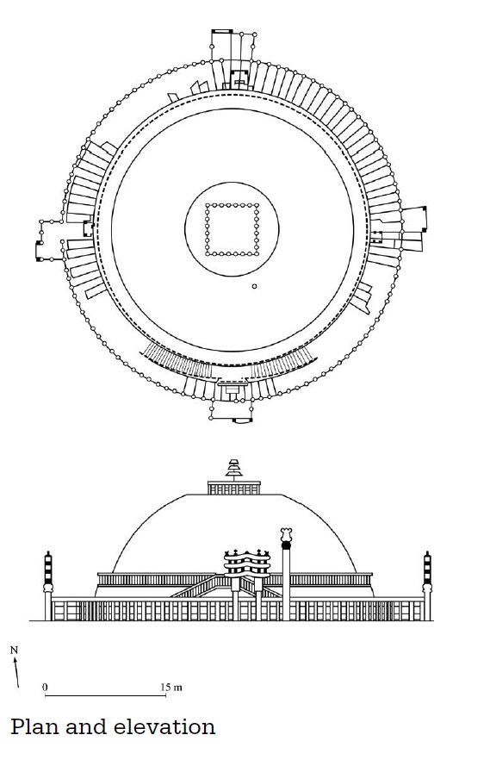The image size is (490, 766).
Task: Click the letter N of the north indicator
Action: tap(14, 651)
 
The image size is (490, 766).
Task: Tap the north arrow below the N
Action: tap(16, 672)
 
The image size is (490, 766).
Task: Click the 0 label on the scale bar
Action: tap(45, 688)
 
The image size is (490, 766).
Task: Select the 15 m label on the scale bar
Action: tap(171, 688)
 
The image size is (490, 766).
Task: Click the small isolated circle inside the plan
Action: tap(254, 286)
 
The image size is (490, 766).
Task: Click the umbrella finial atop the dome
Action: tap(233, 469)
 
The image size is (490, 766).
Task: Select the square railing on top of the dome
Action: tap(233, 488)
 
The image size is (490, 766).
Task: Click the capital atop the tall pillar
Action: tap(286, 534)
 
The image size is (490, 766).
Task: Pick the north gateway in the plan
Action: tap(233, 59)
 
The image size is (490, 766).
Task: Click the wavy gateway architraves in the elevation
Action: tap(246, 562)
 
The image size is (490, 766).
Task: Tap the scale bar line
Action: tap(105, 694)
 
